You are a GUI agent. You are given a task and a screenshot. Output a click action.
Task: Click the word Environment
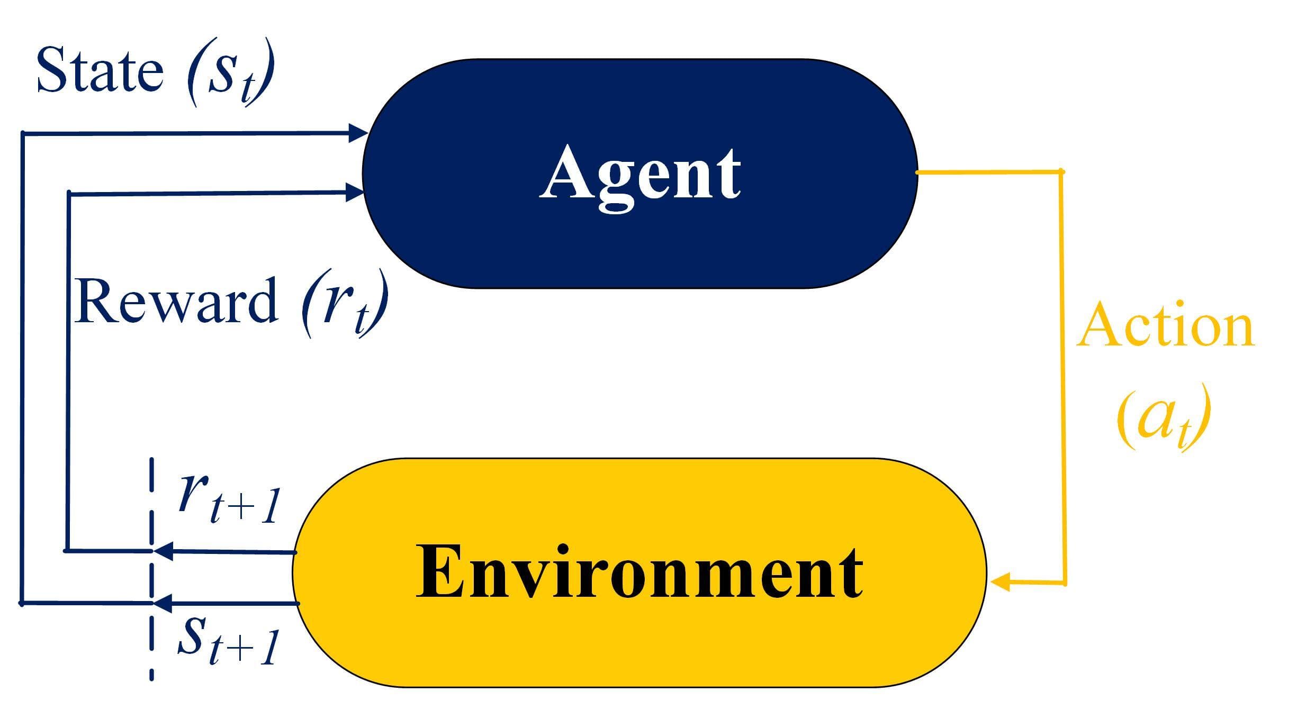(639, 572)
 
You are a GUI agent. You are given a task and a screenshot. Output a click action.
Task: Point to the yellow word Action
(1165, 324)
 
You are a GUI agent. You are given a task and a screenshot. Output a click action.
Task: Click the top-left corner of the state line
(22, 133)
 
